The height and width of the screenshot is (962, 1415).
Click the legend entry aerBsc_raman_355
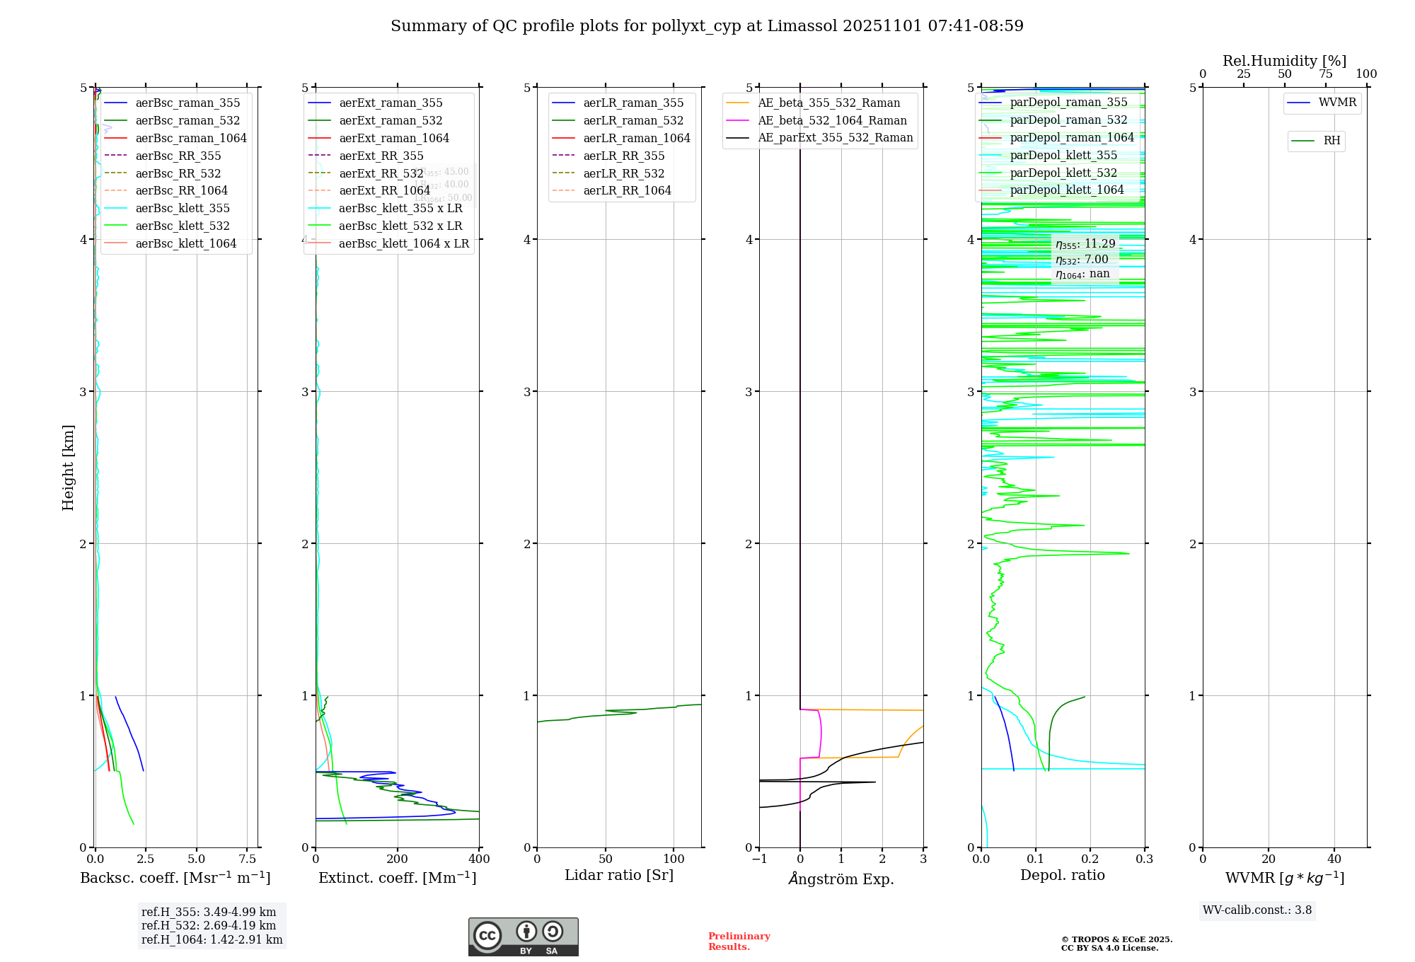187,103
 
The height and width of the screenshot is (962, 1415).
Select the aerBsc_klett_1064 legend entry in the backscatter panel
185,243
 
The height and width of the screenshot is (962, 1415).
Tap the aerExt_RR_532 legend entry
381,173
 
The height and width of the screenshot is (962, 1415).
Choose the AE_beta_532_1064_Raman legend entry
832,120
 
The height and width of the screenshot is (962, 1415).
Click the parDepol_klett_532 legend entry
1063,173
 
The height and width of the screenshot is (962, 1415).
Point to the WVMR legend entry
1337,103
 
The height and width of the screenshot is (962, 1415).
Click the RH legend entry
1332,141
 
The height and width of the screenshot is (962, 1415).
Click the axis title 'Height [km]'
68,468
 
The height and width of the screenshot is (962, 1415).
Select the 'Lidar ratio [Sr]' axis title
619,875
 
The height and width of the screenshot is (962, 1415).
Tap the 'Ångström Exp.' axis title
841,879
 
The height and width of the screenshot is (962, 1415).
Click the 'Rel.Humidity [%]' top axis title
1284,61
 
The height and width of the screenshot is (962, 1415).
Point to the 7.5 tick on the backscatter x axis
247,859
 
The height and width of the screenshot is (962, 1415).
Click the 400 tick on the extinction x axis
479,859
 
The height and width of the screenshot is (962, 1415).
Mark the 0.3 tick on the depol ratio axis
1144,859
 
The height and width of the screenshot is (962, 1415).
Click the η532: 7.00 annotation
1082,260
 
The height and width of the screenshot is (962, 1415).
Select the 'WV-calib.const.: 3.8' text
1257,910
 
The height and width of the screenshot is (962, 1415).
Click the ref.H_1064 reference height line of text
212,940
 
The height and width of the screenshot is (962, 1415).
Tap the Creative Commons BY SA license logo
523,937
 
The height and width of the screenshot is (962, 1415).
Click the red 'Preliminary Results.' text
739,941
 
